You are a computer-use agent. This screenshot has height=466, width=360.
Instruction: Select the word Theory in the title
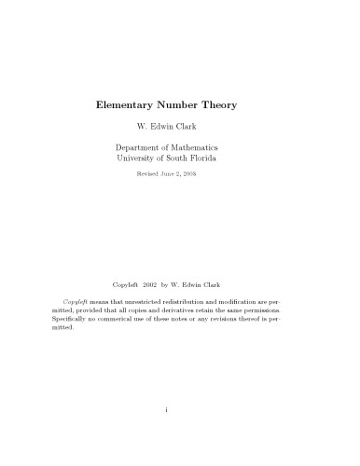(x=234, y=105)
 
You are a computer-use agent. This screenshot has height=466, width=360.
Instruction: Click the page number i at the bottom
(x=179, y=434)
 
